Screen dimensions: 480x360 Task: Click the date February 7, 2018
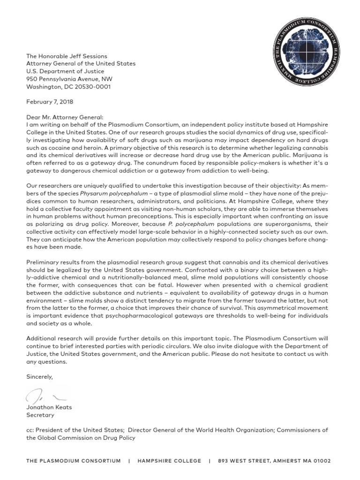(x=50, y=101)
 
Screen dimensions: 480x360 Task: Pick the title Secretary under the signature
(x=40, y=415)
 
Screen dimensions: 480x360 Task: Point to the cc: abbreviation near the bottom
(x=31, y=430)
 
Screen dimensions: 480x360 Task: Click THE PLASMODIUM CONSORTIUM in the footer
(x=74, y=461)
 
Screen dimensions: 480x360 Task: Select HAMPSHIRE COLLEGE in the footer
(x=169, y=461)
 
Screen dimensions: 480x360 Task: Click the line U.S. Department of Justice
(x=66, y=71)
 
